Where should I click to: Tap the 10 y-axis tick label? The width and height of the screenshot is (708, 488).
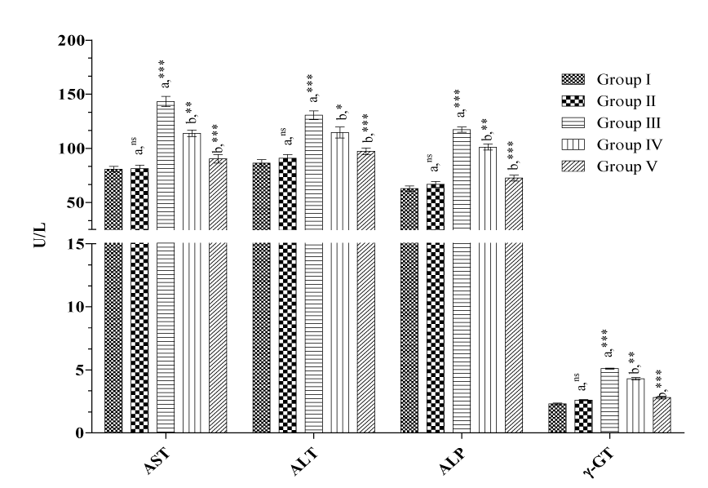coord(77,307)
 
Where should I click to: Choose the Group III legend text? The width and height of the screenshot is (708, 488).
coord(627,123)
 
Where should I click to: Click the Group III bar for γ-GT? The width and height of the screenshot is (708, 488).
coord(609,401)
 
